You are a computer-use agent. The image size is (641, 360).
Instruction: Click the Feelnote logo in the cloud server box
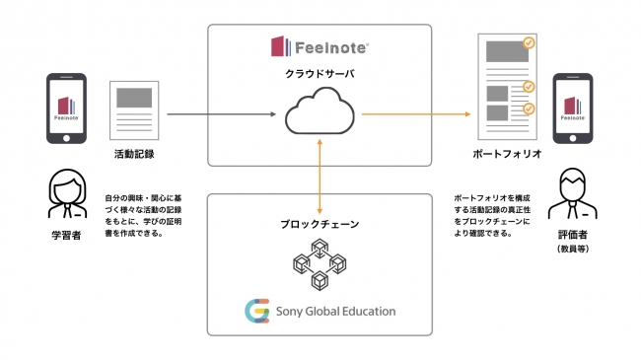point(319,46)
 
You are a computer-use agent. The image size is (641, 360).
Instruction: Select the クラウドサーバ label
point(320,74)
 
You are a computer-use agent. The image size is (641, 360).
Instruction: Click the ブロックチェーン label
point(320,225)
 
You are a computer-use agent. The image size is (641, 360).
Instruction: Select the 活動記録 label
point(134,155)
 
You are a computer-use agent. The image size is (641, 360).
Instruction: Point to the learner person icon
point(67,194)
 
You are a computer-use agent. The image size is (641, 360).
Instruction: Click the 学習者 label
point(67,238)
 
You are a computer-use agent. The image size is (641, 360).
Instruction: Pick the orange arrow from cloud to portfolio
point(415,115)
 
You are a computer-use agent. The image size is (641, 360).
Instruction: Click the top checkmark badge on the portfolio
point(529,43)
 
